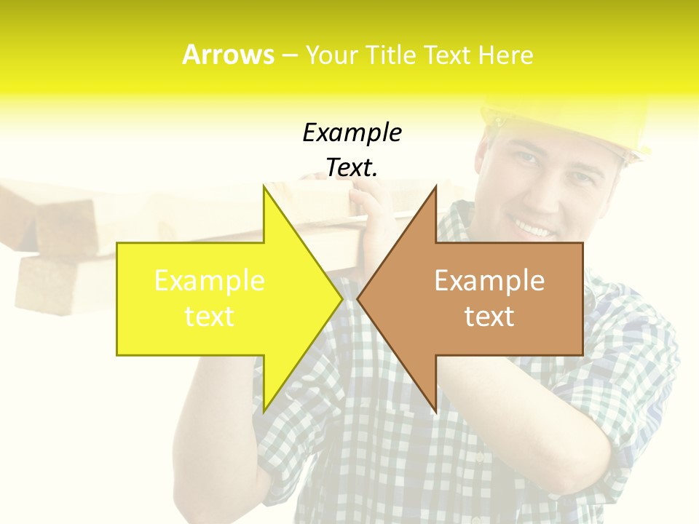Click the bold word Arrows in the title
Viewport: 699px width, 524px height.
(228, 55)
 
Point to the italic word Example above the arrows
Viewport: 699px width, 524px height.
(352, 133)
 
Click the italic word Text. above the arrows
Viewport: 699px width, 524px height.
(352, 168)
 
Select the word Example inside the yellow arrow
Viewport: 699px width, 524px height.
(209, 281)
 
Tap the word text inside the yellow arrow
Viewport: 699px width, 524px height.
(209, 317)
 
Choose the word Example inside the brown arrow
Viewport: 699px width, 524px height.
(489, 281)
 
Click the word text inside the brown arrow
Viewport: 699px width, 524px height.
(489, 317)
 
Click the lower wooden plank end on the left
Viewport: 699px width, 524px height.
(44, 284)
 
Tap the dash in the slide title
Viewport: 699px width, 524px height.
(289, 56)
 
